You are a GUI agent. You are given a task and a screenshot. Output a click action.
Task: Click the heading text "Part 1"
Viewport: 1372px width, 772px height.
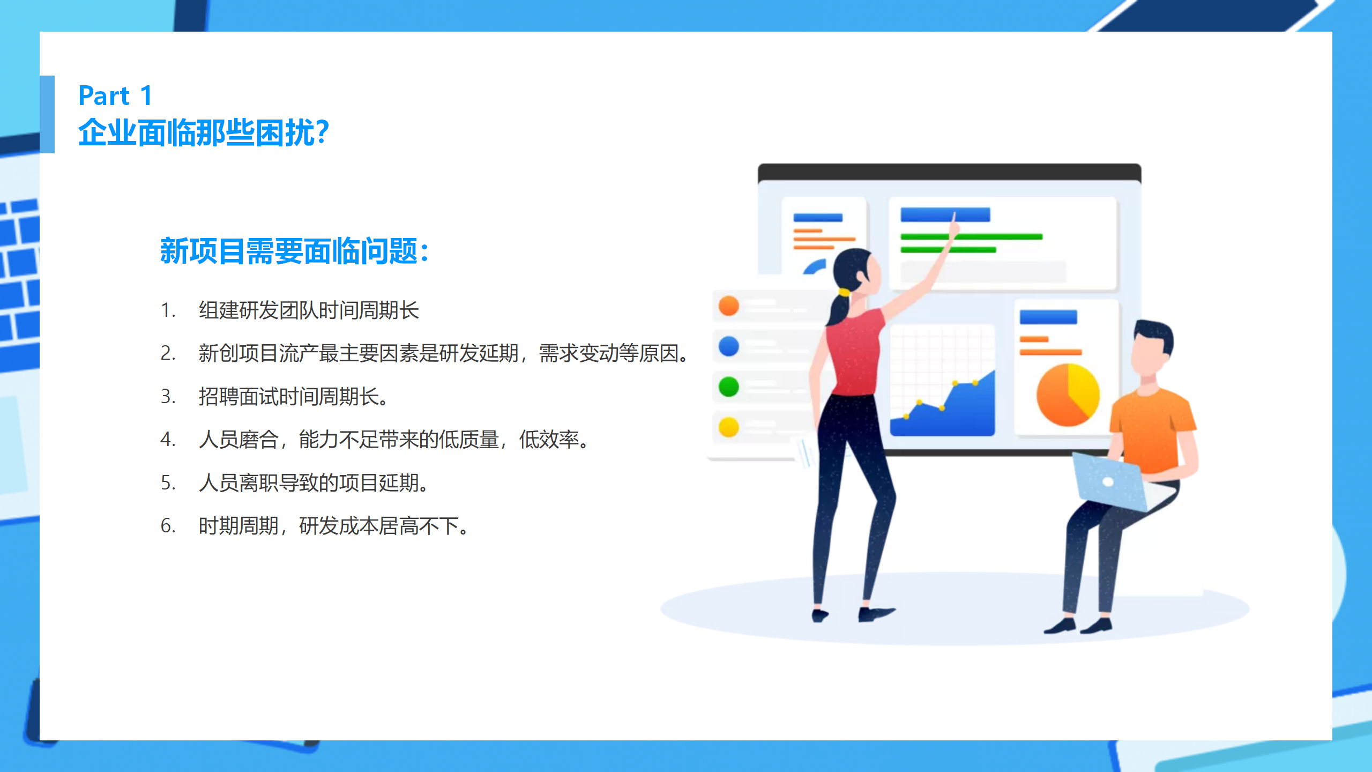point(115,96)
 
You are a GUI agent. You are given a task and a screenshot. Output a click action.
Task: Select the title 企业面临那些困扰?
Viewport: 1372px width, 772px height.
point(204,132)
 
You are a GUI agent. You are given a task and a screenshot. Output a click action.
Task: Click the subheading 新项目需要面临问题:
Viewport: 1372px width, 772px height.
point(294,251)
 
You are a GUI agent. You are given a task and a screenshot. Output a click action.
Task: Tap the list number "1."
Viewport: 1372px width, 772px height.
point(168,310)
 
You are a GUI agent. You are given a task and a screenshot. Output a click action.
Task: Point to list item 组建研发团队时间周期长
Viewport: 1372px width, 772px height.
point(309,310)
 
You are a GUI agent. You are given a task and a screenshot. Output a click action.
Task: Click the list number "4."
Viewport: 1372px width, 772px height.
point(168,440)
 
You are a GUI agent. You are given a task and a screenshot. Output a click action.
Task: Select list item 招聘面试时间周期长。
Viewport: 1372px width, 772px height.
point(294,397)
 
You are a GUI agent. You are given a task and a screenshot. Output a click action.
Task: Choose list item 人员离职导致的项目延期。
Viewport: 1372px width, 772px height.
point(314,483)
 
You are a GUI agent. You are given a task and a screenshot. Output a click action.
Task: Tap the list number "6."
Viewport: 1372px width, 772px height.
point(168,526)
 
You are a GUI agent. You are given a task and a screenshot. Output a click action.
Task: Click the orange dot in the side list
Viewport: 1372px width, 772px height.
point(729,306)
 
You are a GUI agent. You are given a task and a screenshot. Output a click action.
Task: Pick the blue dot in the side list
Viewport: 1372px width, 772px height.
point(729,346)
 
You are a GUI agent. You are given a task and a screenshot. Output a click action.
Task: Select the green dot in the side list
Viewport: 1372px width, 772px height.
point(729,387)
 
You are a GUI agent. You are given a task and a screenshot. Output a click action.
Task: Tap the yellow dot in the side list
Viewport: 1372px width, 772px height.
point(729,427)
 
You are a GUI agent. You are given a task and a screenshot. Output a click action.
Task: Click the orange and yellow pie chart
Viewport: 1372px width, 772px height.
point(1068,395)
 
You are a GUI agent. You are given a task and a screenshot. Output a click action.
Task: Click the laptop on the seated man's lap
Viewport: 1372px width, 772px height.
point(1109,482)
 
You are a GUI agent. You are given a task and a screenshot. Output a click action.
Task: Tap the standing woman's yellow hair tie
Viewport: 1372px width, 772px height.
point(844,293)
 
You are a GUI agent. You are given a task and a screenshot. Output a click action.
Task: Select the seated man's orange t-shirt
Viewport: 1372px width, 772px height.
point(1152,429)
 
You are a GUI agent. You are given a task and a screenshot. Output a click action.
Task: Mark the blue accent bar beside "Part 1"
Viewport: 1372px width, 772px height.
point(47,114)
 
